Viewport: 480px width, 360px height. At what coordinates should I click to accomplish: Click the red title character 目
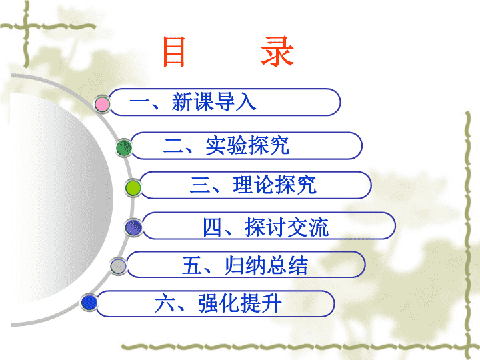[x=174, y=52]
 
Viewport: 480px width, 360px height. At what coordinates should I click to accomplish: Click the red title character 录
[x=277, y=51]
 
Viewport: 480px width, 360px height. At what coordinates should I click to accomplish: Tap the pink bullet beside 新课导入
[x=102, y=105]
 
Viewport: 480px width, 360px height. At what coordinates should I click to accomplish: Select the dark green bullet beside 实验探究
[x=124, y=147]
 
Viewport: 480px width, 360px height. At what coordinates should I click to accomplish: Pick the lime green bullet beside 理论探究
[x=133, y=187]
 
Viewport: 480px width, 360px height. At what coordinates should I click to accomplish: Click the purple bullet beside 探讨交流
[x=133, y=227]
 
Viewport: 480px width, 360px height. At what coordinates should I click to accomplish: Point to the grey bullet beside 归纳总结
[x=118, y=266]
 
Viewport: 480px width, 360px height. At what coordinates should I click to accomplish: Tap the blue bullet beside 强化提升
[x=89, y=303]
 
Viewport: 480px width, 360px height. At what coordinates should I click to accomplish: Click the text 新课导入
[x=214, y=102]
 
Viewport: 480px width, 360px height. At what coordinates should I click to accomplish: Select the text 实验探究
[x=247, y=145]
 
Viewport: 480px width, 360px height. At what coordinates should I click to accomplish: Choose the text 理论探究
[x=274, y=185]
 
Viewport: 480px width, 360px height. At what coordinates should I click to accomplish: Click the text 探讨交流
[x=287, y=227]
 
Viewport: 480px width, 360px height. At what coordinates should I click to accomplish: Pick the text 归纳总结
[x=266, y=265]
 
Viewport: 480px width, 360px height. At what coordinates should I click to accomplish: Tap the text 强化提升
[x=240, y=303]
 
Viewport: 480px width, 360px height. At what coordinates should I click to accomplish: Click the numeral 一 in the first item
[x=139, y=102]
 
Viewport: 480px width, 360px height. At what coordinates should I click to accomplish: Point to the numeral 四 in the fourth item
[x=212, y=227]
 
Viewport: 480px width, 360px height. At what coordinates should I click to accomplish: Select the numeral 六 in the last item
[x=165, y=303]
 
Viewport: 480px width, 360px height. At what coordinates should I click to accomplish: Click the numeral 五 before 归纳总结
[x=191, y=265]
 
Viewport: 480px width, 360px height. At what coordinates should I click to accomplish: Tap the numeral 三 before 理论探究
[x=199, y=185]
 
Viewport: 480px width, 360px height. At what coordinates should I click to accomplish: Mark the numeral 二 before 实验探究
[x=173, y=146]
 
